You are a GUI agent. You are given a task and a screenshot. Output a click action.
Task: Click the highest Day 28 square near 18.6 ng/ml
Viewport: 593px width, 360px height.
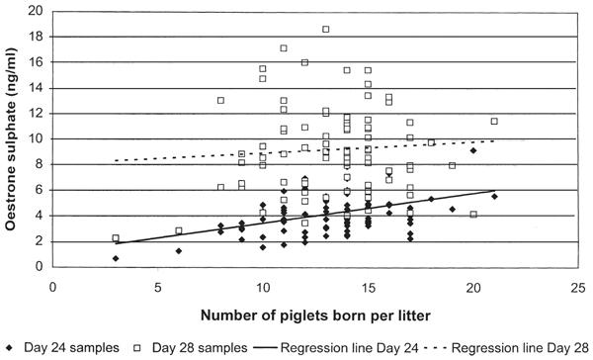[325, 29]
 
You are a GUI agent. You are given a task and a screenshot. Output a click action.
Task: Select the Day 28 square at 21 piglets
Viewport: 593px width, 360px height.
[494, 122]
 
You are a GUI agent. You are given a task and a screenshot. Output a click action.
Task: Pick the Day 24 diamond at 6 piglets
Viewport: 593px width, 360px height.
[179, 251]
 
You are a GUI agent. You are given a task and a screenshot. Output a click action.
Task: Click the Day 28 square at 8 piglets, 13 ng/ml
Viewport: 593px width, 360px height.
[220, 100]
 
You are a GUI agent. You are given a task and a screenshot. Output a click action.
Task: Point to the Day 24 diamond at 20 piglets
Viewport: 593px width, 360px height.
[473, 150]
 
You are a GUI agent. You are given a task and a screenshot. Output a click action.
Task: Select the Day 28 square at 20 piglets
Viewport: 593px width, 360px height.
[473, 215]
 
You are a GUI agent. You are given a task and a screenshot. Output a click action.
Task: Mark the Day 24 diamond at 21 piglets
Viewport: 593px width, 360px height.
[494, 196]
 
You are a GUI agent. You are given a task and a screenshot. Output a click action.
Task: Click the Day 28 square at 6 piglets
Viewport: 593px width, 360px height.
[179, 230]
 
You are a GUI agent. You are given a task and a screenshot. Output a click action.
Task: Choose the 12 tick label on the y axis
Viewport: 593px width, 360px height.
[37, 114]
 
